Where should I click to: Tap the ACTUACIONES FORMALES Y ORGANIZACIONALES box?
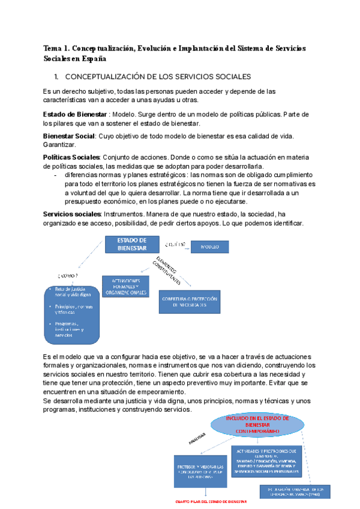click(125, 286)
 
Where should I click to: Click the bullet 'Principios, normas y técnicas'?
click(65, 309)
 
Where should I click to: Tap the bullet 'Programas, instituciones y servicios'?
click(65, 329)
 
